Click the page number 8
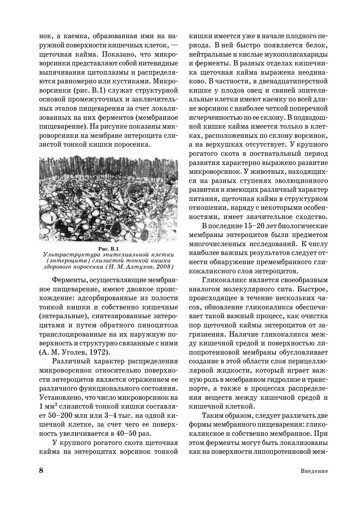point(41,471)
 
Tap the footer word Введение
point(314,471)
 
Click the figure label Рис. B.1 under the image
point(108,249)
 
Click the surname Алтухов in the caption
point(134,267)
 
